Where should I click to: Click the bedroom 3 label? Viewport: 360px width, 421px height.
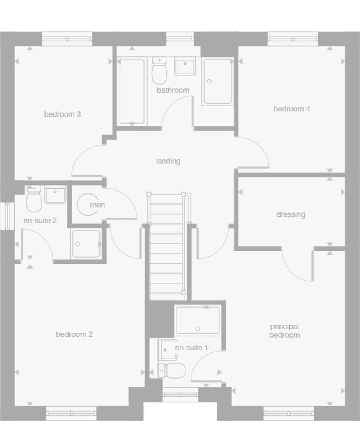pos(62,114)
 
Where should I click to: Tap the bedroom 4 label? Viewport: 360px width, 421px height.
pos(291,109)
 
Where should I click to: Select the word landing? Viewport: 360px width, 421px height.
pos(168,161)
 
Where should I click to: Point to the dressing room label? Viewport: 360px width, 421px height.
pos(291,214)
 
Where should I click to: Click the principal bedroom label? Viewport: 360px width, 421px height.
pos(284,331)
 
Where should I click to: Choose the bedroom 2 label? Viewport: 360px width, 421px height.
pos(74,334)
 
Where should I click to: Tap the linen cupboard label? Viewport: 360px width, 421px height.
pos(97,205)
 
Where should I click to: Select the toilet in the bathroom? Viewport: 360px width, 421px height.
pos(159,71)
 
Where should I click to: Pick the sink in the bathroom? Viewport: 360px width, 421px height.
pos(185,66)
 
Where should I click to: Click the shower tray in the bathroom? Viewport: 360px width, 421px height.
pos(218,81)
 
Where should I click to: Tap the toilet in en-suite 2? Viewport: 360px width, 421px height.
pos(34,199)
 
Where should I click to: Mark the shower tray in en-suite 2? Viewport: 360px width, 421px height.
pos(86,244)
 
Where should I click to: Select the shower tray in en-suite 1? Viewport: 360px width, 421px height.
pos(198,320)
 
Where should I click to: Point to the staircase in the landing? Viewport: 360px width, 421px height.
pos(166,246)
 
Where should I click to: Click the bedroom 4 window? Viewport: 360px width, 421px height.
pos(293,39)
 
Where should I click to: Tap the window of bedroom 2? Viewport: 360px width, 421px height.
pos(71,413)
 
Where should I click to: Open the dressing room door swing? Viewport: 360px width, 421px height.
pos(297,265)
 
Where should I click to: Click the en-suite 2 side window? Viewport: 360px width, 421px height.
pos(7,216)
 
